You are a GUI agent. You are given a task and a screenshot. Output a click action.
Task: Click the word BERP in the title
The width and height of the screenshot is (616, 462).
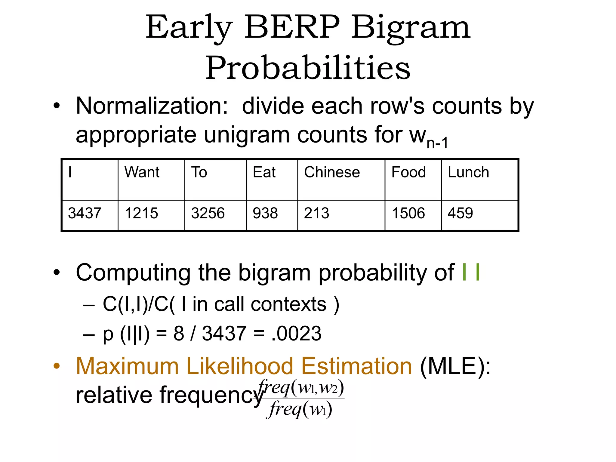tap(292, 28)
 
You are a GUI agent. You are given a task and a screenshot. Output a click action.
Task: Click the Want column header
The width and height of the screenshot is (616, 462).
tap(142, 172)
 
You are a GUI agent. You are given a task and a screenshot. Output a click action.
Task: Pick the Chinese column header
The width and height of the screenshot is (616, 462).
tap(332, 172)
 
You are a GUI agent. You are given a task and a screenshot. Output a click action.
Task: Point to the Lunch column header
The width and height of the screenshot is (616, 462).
tap(468, 172)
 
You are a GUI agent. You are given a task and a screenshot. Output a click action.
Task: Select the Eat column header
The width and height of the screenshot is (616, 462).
tap(264, 172)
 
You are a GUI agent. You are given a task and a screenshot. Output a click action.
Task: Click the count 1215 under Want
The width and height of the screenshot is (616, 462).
tap(141, 213)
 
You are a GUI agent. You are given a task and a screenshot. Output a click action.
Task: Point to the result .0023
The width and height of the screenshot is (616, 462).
tap(296, 334)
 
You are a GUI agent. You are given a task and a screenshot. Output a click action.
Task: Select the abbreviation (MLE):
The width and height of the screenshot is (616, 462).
tap(455, 366)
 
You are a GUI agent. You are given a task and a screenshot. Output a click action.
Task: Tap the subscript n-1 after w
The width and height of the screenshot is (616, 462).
tap(437, 143)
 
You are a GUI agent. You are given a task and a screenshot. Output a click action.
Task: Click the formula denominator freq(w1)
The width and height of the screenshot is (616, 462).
tap(300, 409)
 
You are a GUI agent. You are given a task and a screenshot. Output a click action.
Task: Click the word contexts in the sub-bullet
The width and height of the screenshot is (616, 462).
tap(288, 304)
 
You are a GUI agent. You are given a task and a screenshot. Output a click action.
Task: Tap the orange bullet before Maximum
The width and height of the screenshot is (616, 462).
tap(57, 366)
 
